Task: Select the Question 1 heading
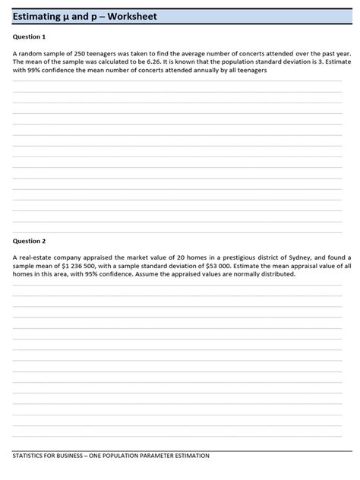(30, 36)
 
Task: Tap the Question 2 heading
(30, 241)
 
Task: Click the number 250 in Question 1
(81, 54)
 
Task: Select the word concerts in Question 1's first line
(261, 54)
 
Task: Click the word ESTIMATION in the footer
(189, 456)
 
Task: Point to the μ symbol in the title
(70, 17)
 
